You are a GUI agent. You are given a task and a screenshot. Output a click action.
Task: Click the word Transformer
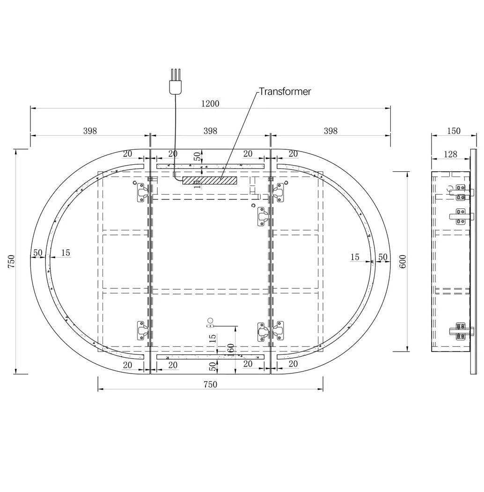[x=285, y=92]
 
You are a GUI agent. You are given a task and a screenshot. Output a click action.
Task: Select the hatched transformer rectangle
[x=210, y=180]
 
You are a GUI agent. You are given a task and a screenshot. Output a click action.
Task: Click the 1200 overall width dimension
[x=210, y=103]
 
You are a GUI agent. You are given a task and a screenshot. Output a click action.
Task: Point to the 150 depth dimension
[x=454, y=131]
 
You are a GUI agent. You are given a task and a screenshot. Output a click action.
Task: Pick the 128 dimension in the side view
[x=450, y=154]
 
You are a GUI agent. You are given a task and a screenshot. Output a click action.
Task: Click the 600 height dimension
[x=403, y=261]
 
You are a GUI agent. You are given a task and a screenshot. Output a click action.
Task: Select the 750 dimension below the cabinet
[x=210, y=384]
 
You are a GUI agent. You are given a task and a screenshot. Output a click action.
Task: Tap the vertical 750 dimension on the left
[x=11, y=261]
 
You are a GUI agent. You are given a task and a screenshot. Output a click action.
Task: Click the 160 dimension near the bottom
[x=231, y=350]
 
